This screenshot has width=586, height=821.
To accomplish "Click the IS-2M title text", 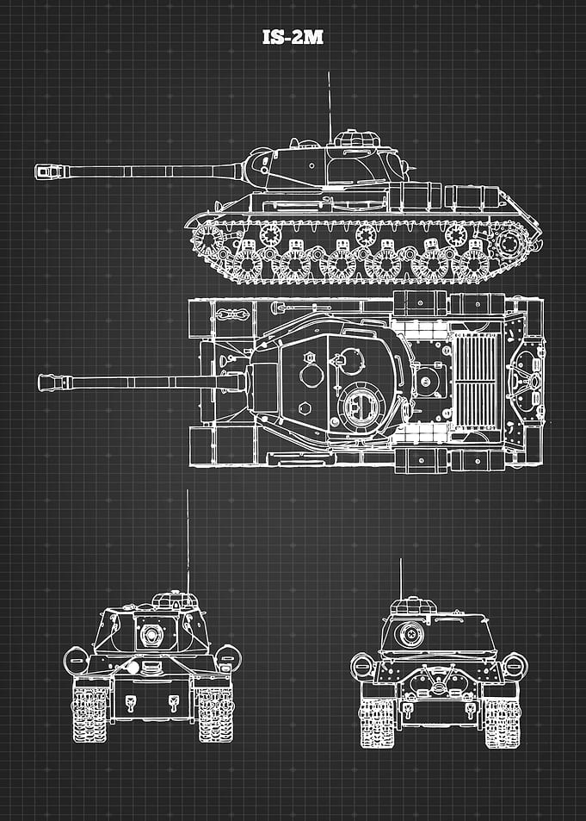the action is (x=293, y=37).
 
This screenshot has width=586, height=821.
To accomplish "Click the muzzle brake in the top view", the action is (x=54, y=383).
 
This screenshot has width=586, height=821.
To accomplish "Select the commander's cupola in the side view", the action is (x=357, y=138).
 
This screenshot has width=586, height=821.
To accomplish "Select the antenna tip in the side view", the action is (x=329, y=72).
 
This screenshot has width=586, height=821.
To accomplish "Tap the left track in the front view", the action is (x=90, y=714).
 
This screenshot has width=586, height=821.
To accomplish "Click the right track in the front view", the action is (x=215, y=714).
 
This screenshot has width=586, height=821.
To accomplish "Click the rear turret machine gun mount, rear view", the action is (x=410, y=634).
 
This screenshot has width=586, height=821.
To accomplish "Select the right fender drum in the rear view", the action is (x=515, y=666).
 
